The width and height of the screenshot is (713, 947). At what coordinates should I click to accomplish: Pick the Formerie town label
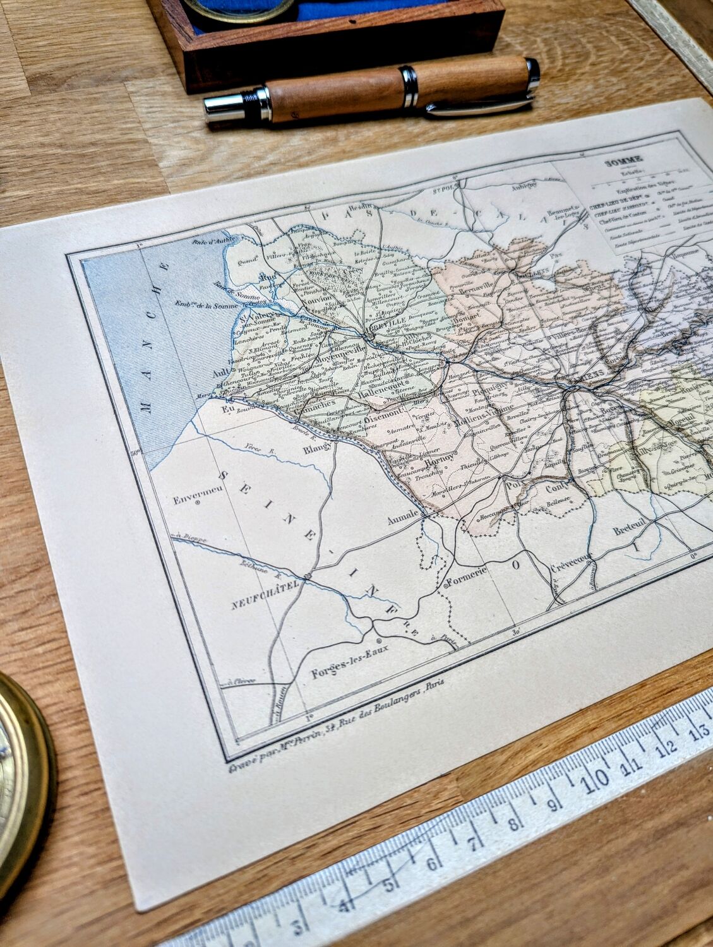click(467, 580)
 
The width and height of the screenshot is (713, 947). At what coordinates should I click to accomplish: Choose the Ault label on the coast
click(220, 372)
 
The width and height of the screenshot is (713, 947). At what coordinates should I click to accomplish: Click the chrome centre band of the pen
click(409, 87)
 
